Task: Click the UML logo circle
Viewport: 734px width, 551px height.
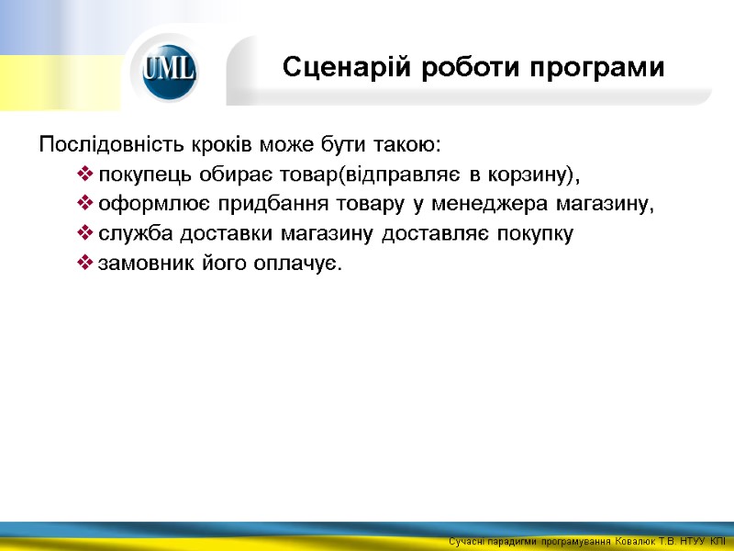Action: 168,70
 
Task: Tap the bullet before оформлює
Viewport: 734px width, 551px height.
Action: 85,205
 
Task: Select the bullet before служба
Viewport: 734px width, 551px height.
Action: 85,234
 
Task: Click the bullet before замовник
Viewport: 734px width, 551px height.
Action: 85,264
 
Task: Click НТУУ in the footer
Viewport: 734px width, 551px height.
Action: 692,542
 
